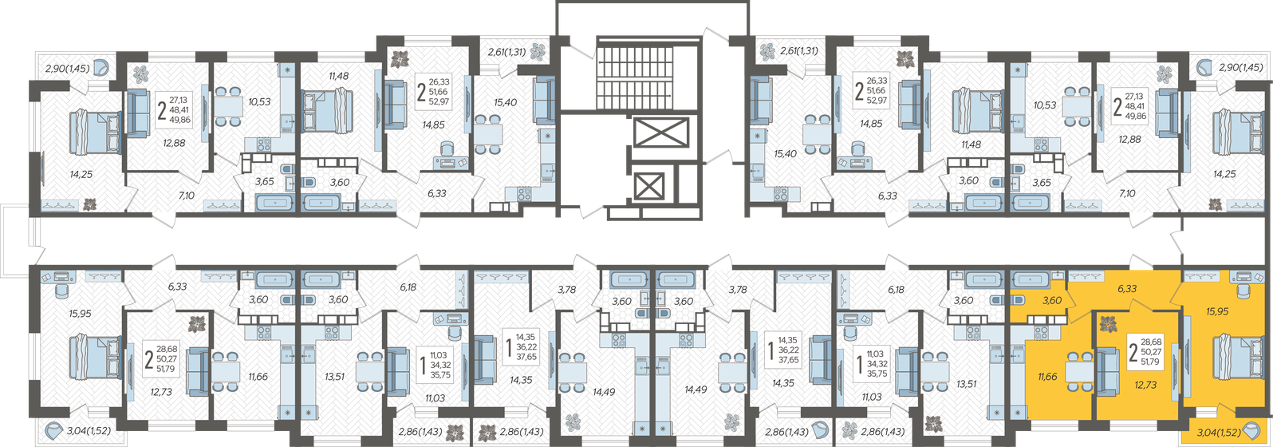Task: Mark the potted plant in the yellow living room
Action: click(x=1107, y=324)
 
